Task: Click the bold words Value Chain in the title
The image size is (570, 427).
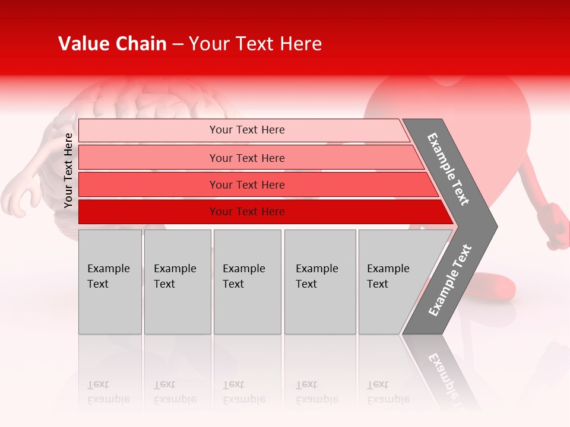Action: point(112,44)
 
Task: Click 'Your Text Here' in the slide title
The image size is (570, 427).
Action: point(255,44)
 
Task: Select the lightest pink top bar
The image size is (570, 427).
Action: point(246,130)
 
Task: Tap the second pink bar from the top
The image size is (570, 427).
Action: point(246,158)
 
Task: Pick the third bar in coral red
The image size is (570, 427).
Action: point(246,184)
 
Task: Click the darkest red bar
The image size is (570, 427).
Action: point(246,212)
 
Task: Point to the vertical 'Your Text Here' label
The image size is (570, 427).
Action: point(68,171)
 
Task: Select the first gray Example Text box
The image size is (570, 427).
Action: point(110,282)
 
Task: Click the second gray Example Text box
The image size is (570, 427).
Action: point(177,282)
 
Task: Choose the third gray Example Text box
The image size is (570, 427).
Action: point(247,282)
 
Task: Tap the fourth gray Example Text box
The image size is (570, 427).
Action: point(320,282)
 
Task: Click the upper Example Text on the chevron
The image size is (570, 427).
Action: point(448,169)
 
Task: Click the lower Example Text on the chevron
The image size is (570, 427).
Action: point(449,281)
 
